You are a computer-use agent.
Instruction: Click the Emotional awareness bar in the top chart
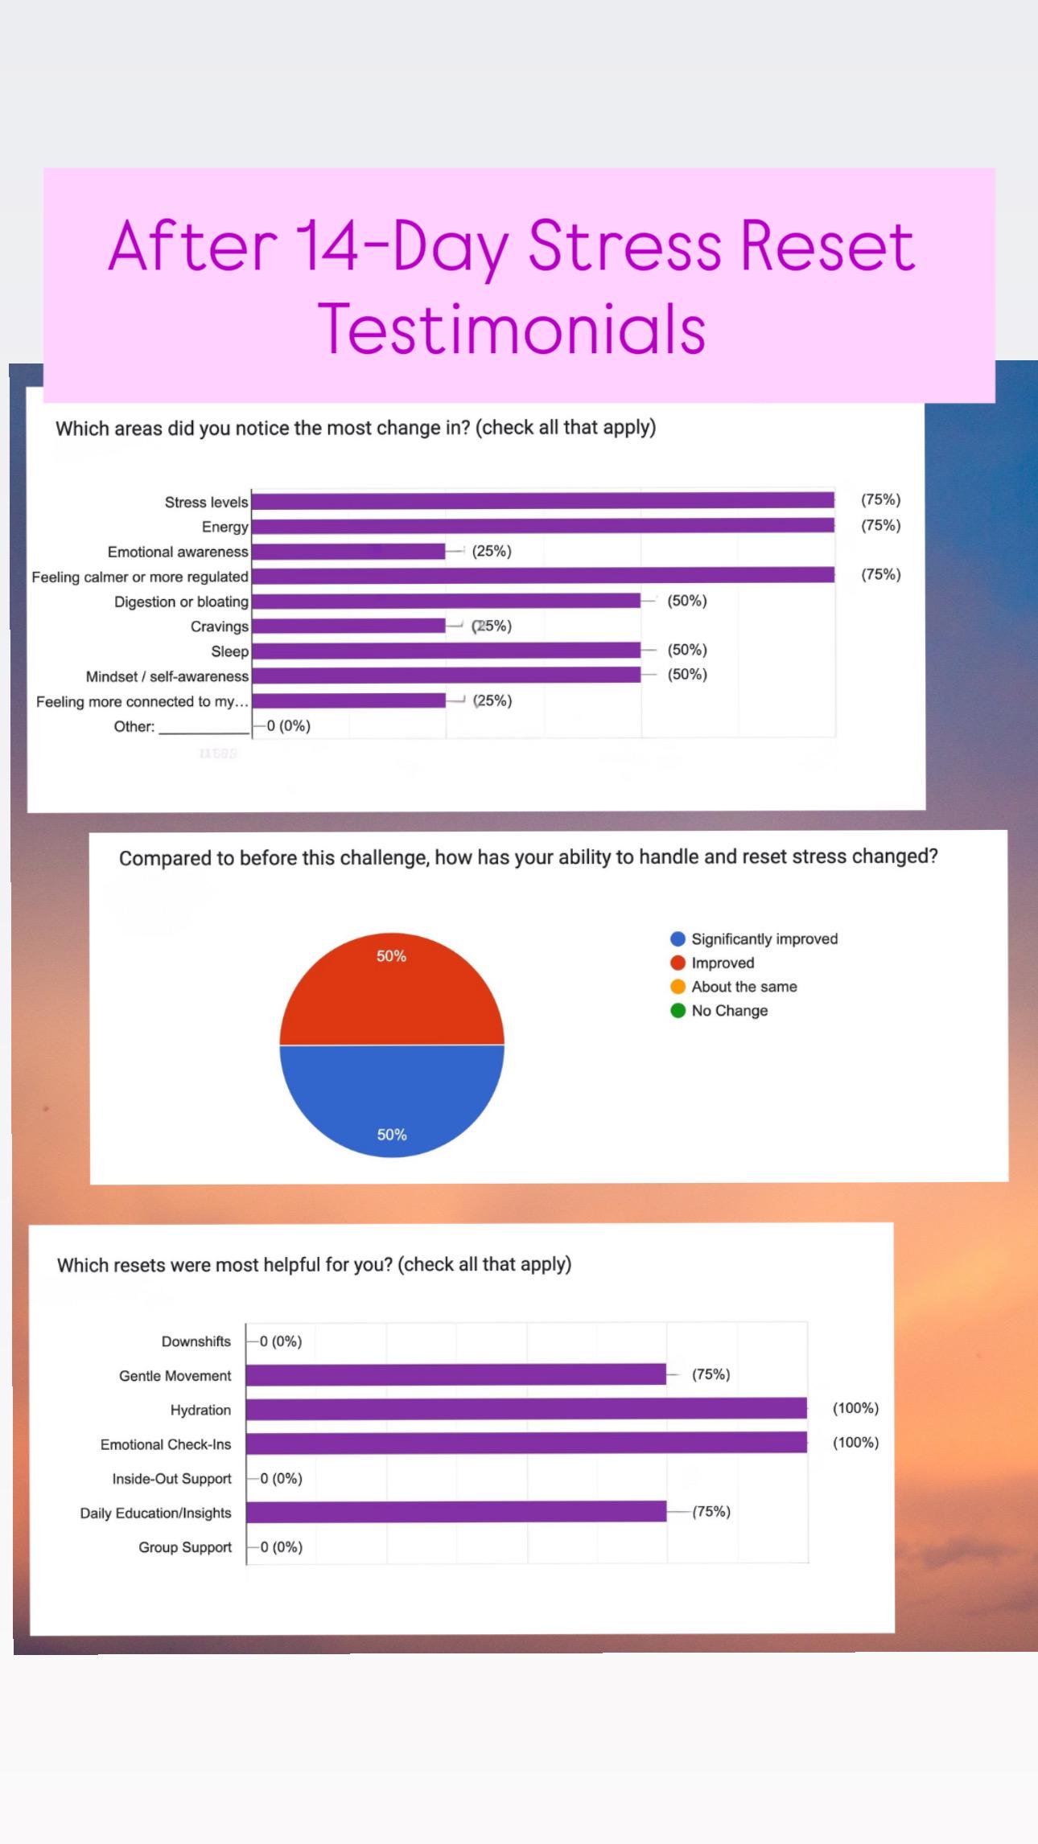click(348, 551)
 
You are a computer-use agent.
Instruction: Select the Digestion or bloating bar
click(446, 601)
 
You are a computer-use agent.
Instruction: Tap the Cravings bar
click(348, 626)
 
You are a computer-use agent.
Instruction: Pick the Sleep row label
click(230, 651)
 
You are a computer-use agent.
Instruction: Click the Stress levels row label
click(207, 502)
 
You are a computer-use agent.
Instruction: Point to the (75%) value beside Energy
click(881, 525)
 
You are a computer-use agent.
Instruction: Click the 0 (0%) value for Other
click(289, 726)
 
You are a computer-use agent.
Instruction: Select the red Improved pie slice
click(392, 988)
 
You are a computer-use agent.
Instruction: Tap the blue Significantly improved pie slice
click(392, 1102)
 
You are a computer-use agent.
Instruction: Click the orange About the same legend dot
click(678, 987)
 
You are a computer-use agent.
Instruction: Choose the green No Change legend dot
click(678, 1011)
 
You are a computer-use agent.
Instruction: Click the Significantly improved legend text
click(764, 939)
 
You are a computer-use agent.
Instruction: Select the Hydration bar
click(526, 1408)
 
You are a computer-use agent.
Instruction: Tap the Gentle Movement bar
click(456, 1374)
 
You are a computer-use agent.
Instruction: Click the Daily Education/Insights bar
click(456, 1511)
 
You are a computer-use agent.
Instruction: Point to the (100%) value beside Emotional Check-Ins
click(856, 1442)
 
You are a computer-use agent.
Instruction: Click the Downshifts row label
click(196, 1341)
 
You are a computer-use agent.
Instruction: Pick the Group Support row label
click(185, 1547)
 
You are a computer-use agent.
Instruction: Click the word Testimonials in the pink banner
click(513, 328)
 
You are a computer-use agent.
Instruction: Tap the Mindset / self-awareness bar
click(446, 676)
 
